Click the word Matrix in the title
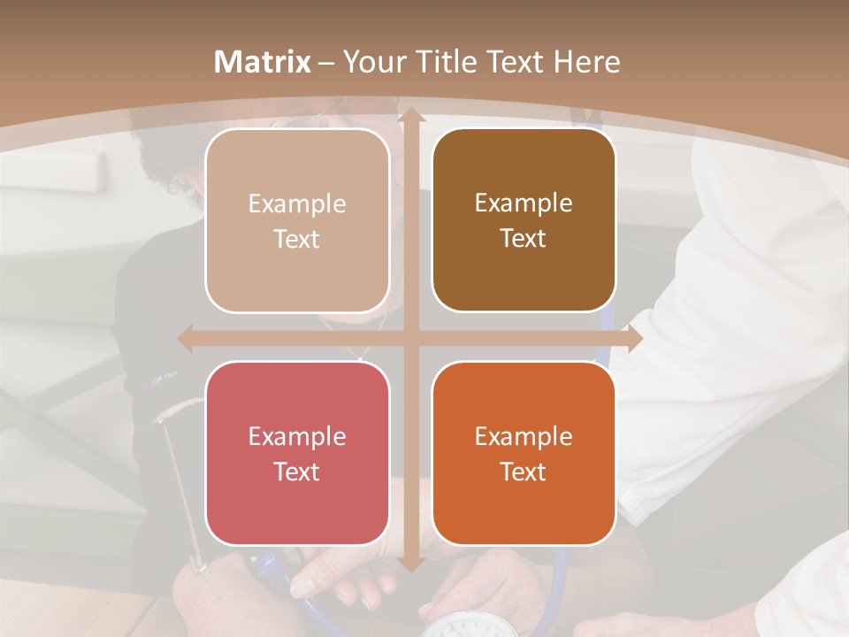263,62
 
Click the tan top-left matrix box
297,220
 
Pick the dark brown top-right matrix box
524,220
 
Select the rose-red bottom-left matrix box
297,453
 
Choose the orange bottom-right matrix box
524,453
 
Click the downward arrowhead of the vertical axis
410,563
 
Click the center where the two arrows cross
410,338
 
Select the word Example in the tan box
297,204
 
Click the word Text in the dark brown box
524,239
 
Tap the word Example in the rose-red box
297,437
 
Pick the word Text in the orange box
524,472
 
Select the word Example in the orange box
524,437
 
